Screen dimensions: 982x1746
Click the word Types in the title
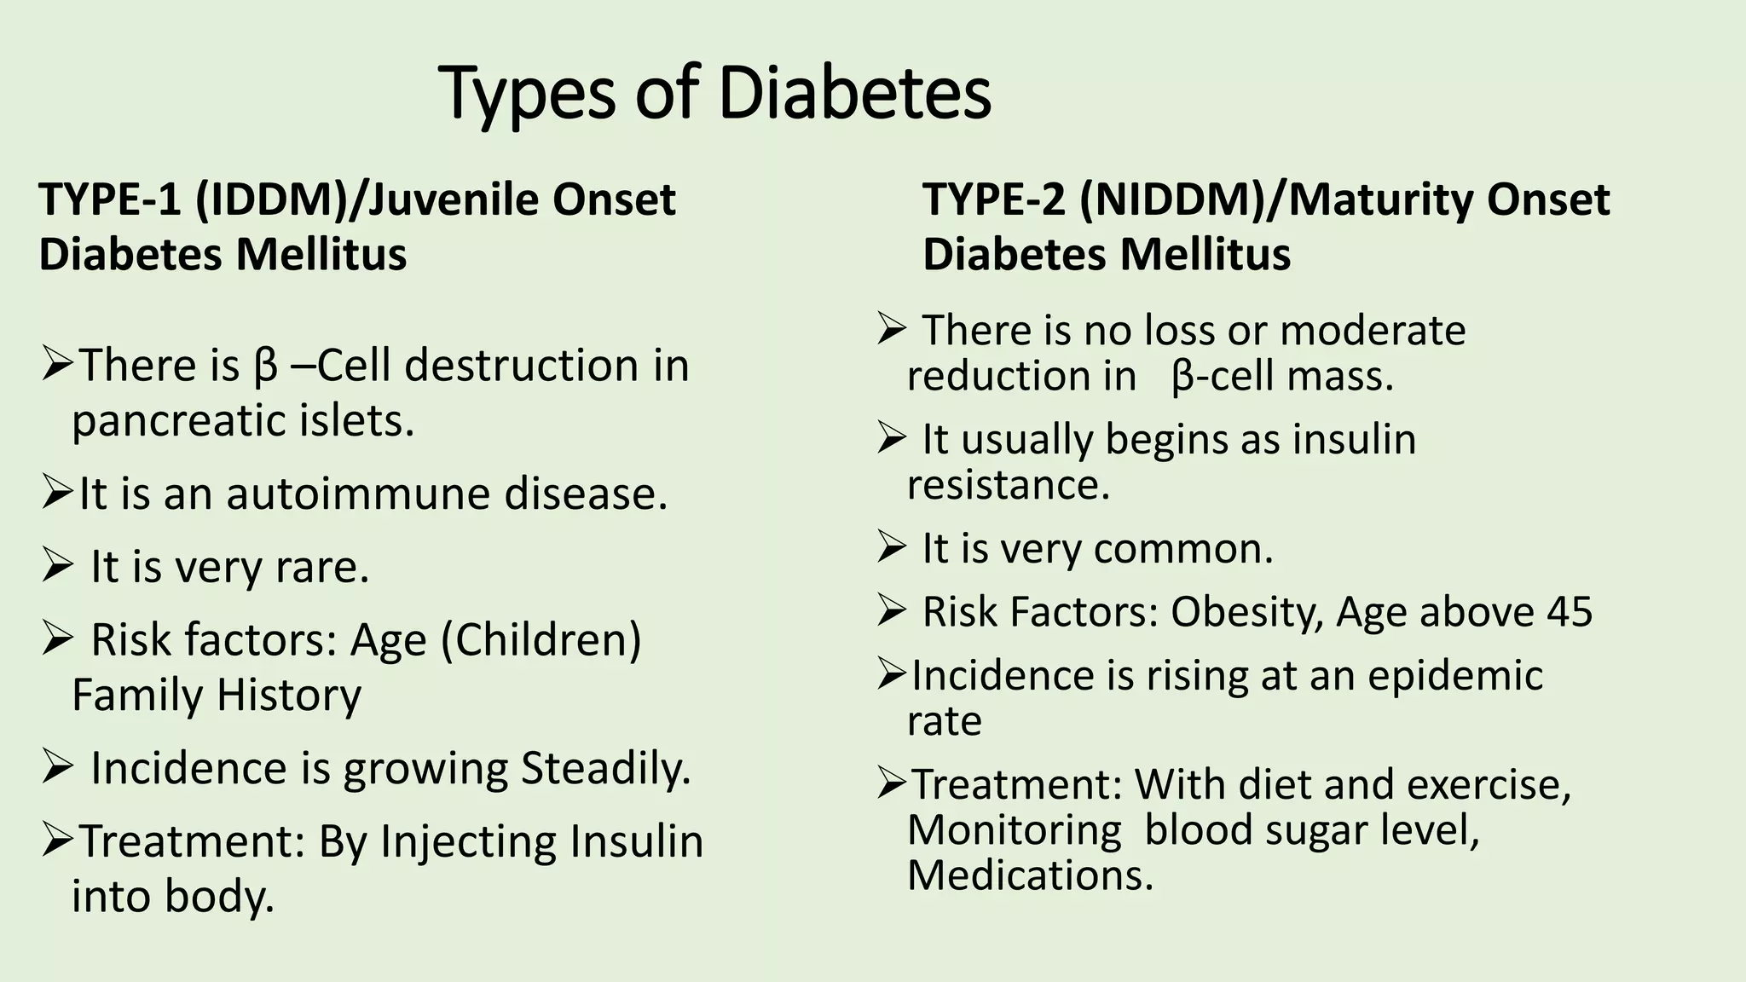click(x=528, y=94)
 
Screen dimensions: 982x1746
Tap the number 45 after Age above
click(x=1568, y=612)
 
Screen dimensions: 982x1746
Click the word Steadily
click(x=605, y=768)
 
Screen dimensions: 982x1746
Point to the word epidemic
click(x=1455, y=675)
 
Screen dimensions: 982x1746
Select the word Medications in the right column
click(x=1030, y=875)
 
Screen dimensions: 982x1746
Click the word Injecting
click(x=467, y=841)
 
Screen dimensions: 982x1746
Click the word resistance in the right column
click(x=1009, y=485)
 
